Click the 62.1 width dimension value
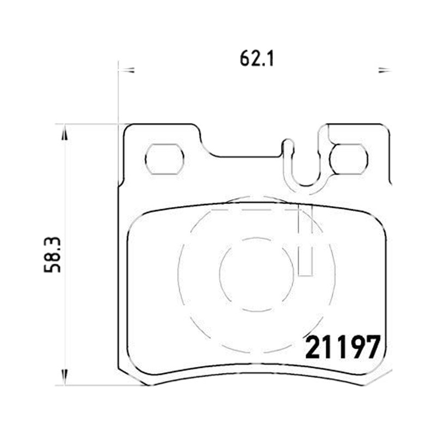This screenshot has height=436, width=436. [257, 59]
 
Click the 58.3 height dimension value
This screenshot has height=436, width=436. [52, 255]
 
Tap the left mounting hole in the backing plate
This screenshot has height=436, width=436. [165, 159]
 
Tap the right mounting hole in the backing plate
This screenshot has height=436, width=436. [349, 159]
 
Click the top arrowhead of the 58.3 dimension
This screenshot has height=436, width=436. [64, 133]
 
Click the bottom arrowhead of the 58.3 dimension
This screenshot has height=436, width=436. [64, 377]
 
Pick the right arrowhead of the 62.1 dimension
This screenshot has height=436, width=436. [385, 70]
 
